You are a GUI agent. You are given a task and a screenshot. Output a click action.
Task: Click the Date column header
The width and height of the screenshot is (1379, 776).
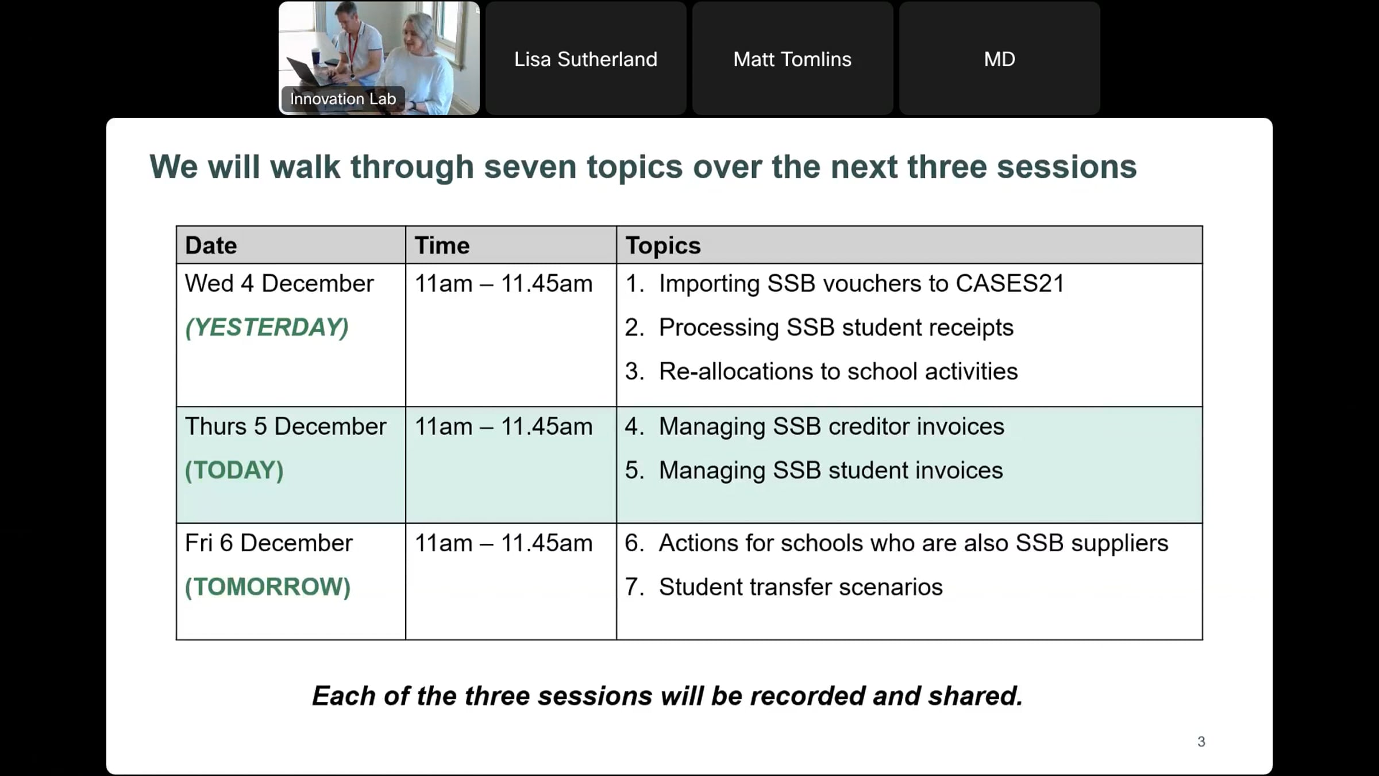[211, 245]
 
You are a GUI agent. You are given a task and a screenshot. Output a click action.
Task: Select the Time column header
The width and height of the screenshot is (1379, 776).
[442, 245]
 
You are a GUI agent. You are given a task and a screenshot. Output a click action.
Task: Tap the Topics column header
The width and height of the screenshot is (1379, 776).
[663, 246]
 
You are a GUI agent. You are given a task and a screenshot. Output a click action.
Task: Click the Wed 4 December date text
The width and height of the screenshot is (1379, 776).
[279, 283]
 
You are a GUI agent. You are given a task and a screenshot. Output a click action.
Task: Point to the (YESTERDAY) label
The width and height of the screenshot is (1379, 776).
[267, 327]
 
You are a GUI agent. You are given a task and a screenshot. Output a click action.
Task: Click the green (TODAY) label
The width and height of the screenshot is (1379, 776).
[234, 470]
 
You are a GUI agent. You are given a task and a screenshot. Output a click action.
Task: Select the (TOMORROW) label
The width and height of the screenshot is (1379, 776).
[268, 587]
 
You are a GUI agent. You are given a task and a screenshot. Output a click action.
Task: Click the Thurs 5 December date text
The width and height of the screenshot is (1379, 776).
[286, 427]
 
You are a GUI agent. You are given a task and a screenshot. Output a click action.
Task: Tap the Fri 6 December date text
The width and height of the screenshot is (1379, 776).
[269, 543]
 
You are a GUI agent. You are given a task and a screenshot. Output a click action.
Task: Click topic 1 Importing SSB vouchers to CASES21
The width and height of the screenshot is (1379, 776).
[845, 283]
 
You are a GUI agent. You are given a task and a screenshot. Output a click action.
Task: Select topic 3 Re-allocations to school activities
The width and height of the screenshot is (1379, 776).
[822, 371]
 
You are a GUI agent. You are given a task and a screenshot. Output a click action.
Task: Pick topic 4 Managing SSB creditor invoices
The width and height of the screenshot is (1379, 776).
[815, 427]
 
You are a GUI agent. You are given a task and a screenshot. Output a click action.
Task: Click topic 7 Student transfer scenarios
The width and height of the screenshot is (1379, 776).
[784, 587]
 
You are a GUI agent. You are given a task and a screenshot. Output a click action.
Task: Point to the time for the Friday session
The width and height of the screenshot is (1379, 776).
[503, 543]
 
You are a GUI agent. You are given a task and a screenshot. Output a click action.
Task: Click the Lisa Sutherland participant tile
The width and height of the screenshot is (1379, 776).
[586, 58]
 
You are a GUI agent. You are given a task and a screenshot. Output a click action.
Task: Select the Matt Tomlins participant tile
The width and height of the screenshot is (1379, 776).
[792, 58]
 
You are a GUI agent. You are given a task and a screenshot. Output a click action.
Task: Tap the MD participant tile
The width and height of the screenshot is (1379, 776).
[999, 58]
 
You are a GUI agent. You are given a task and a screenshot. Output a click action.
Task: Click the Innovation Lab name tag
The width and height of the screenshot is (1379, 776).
[343, 99]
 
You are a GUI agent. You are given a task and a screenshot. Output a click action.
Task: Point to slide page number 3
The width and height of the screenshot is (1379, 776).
[1201, 742]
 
